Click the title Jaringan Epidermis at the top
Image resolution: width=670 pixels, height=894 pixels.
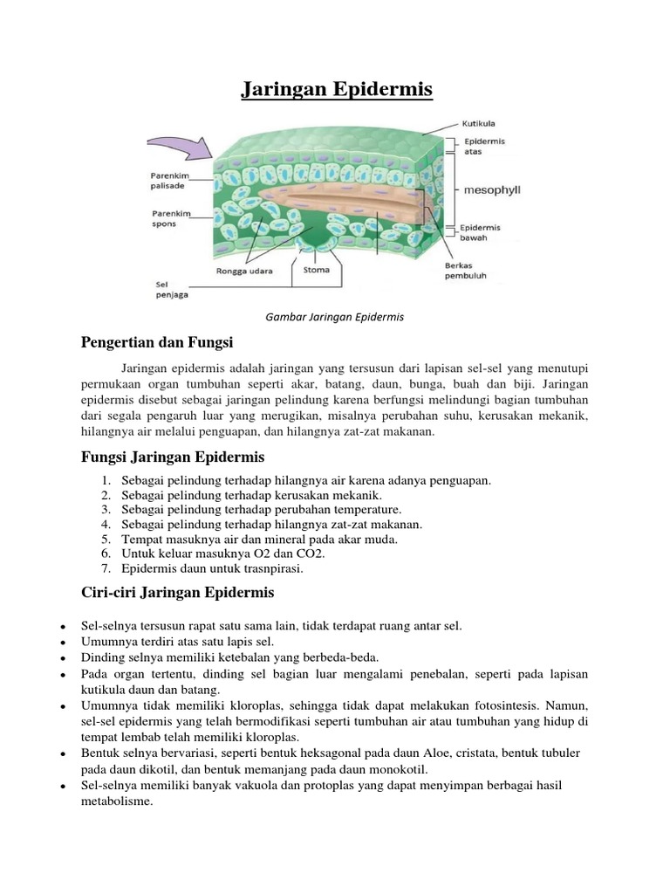click(x=336, y=90)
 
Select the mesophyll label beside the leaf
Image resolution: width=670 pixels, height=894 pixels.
click(x=491, y=189)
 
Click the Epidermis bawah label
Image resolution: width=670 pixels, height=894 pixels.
click(x=482, y=231)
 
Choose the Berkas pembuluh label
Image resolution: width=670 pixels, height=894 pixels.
click(x=466, y=269)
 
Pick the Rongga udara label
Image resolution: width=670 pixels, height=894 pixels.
click(x=243, y=271)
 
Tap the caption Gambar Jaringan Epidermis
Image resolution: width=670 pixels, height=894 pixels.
click(x=336, y=317)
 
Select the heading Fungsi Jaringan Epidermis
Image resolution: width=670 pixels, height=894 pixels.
click(x=172, y=457)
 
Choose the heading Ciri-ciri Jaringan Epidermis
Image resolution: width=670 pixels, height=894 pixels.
click(x=177, y=593)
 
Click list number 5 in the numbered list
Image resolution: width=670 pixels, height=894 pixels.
click(x=106, y=540)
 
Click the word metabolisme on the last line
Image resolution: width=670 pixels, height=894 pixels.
click(x=116, y=801)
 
